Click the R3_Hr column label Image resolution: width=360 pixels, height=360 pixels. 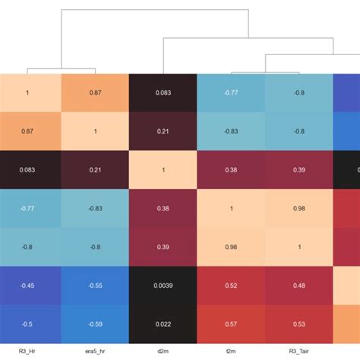[27, 351]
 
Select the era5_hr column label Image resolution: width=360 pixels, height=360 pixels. [95, 351]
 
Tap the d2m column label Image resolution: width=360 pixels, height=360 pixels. [163, 351]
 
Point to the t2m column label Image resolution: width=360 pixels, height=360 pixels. [231, 351]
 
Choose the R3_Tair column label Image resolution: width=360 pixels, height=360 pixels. [298, 351]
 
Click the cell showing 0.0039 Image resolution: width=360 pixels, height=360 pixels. [163, 285]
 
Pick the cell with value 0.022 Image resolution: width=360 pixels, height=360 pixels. [163, 324]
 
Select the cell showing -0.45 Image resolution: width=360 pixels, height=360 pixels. [27, 285]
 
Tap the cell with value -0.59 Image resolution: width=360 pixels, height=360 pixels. [95, 324]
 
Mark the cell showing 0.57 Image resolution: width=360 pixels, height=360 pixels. [231, 324]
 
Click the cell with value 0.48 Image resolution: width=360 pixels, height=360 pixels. [298, 285]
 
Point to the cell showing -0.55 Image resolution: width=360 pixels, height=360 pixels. [95, 285]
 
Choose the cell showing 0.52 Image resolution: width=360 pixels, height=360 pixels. [231, 285]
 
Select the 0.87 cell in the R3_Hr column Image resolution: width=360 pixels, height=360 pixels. [27, 131]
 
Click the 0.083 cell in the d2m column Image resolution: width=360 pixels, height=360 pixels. [163, 92]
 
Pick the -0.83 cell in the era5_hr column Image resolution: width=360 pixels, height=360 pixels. [95, 208]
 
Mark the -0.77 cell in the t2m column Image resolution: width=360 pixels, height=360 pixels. [231, 92]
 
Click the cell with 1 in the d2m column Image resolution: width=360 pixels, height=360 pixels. [163, 169]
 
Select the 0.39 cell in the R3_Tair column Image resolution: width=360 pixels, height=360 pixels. [298, 169]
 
